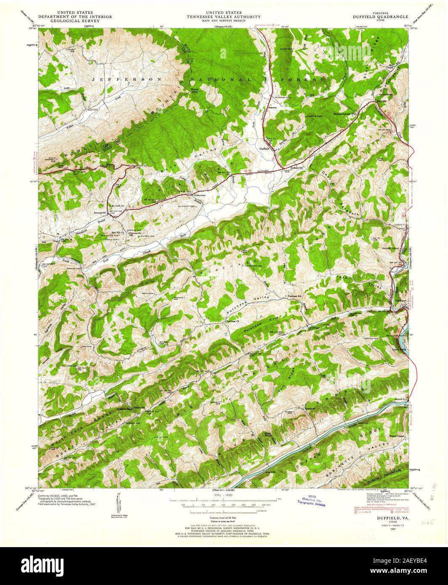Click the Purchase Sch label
coord(295,296)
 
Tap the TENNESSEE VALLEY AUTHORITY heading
coord(224,17)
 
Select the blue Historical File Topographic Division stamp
coord(312,500)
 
